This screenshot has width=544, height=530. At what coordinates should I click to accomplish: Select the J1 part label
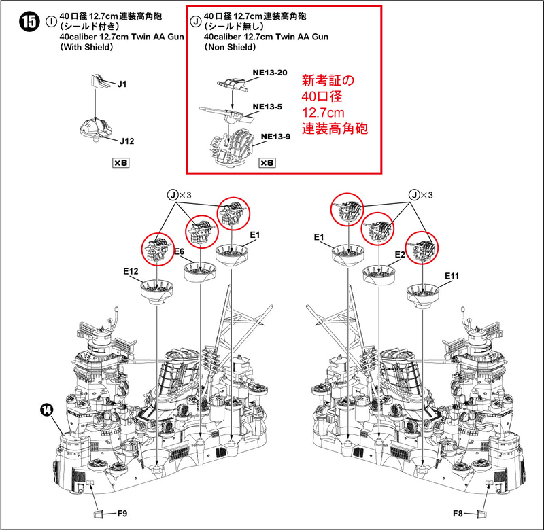122,84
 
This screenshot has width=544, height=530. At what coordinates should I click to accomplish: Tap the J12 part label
127,141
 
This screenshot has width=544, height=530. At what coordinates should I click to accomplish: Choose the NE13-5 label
266,107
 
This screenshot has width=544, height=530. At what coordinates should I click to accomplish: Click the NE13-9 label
274,136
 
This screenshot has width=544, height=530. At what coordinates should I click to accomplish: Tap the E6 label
180,251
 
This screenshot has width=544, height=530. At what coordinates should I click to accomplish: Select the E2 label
401,253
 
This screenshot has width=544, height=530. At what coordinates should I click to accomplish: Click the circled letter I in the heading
51,21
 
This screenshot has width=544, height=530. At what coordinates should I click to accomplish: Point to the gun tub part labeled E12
156,291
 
